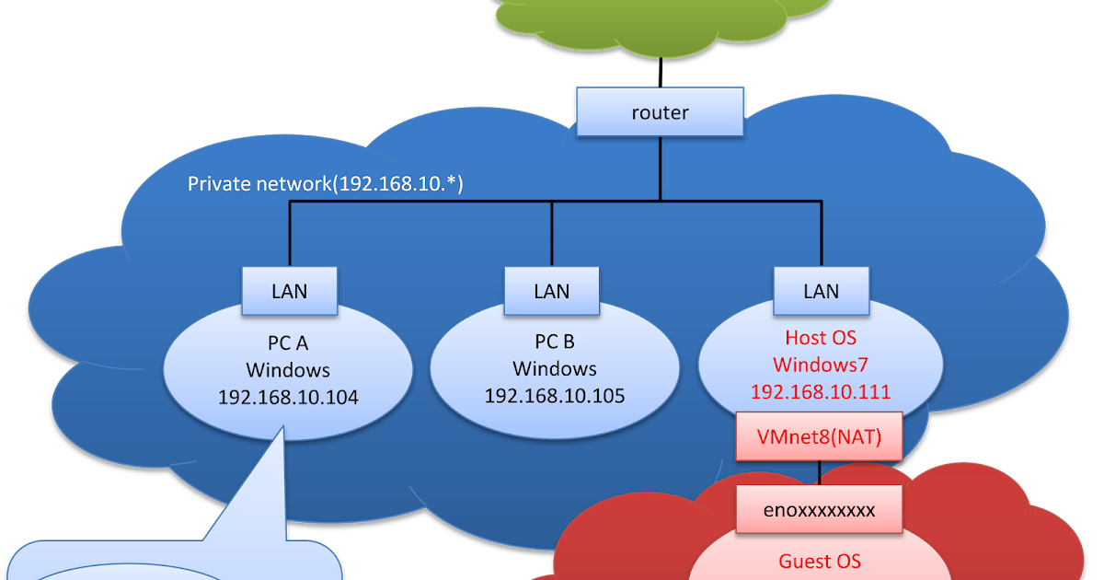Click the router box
(x=660, y=112)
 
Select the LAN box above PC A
(x=289, y=291)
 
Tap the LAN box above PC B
(x=552, y=291)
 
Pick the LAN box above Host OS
(x=821, y=291)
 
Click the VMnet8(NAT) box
(x=819, y=437)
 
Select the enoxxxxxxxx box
(x=819, y=508)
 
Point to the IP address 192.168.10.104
(x=288, y=398)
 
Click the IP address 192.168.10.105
(x=555, y=396)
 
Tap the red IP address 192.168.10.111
(x=821, y=391)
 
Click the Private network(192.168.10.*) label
(x=325, y=184)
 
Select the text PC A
(x=288, y=343)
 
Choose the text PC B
(x=555, y=342)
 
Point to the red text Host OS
(x=821, y=338)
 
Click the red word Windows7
(x=821, y=365)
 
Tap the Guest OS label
(x=820, y=561)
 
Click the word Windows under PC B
(x=555, y=369)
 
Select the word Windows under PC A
(x=288, y=371)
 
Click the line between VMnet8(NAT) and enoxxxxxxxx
(x=820, y=472)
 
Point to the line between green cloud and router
(x=661, y=71)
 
